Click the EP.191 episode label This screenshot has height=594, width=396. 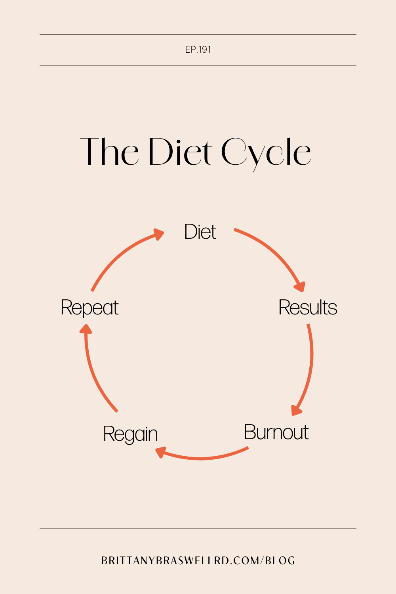click(x=198, y=49)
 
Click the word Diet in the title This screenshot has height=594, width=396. click(x=181, y=152)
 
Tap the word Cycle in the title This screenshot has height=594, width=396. click(x=266, y=153)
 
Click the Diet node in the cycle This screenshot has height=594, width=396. click(x=200, y=232)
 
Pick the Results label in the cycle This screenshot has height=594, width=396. click(x=308, y=308)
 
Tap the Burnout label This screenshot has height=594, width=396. click(x=276, y=432)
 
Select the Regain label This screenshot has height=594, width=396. click(x=130, y=434)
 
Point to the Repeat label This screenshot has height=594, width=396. click(x=89, y=308)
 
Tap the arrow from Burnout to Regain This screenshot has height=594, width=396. click(x=202, y=458)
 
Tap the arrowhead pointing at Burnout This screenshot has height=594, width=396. click(x=296, y=410)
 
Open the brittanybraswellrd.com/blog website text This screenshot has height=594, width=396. click(x=198, y=561)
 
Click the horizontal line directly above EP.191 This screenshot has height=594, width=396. click(x=198, y=34)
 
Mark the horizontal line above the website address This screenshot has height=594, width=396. click(x=198, y=528)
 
